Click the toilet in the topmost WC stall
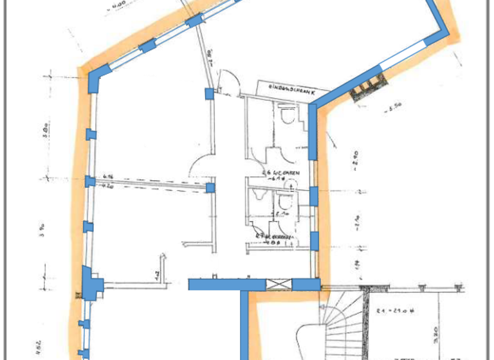point(288,117)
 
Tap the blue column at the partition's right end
point(209,188)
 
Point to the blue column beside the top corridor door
point(209,94)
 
